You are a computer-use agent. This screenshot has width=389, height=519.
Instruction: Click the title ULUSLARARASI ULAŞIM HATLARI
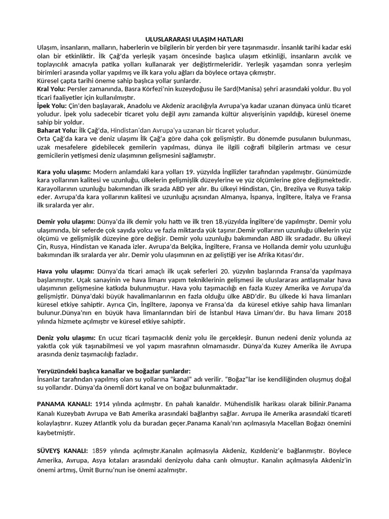(194, 39)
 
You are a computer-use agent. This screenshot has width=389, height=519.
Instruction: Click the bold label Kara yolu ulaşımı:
(64, 172)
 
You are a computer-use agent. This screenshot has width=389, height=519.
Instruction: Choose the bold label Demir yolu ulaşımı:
(66, 222)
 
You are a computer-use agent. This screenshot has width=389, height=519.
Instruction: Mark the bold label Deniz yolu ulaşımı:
(66, 338)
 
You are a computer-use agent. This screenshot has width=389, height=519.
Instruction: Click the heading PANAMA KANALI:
(64, 404)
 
